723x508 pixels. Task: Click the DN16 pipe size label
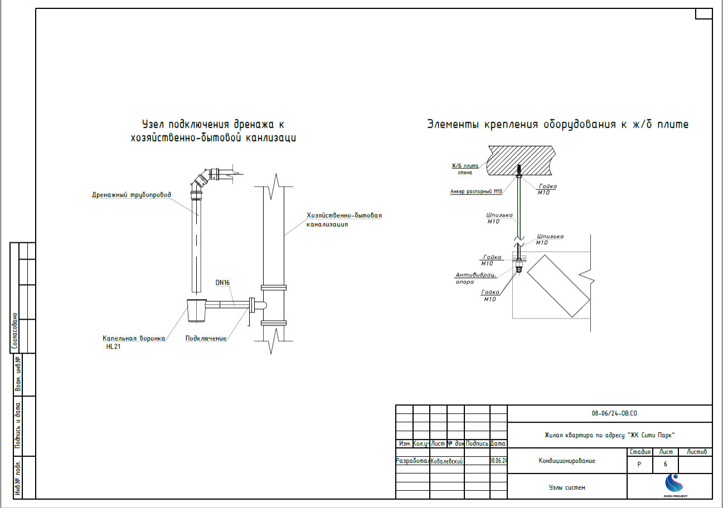tap(222, 282)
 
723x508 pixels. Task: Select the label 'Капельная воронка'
tap(133, 338)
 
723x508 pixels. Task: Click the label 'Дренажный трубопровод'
tap(132, 195)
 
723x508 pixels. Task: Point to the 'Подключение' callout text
tap(206, 338)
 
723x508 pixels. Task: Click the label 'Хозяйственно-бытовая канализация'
tap(344, 219)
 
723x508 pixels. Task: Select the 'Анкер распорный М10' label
tap(476, 192)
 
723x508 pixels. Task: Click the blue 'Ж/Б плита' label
tap(465, 165)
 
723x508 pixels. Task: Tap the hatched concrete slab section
tap(521, 160)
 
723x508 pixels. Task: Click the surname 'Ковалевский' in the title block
tap(447, 461)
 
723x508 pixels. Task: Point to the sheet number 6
tap(665, 464)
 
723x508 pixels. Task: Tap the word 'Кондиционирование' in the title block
tap(566, 461)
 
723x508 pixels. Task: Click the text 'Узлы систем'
tap(567, 487)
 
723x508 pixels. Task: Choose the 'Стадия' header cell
tap(639, 452)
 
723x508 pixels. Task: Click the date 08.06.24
tap(498, 461)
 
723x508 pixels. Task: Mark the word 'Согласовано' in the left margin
tap(16, 331)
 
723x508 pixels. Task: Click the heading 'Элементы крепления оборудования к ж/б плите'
tap(557, 124)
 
